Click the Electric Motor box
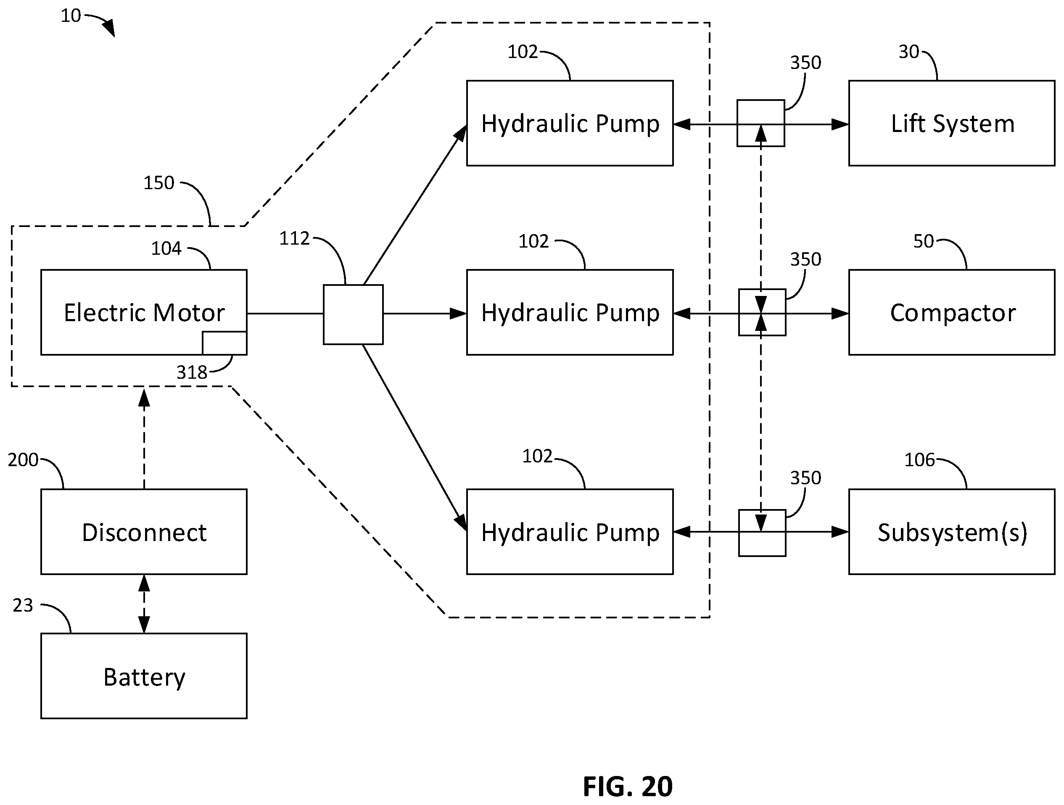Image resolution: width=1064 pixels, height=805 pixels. tap(144, 312)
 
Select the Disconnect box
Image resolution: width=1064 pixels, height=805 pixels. tap(144, 532)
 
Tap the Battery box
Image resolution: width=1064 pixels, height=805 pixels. tap(144, 676)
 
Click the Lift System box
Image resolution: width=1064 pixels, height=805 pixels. tap(952, 123)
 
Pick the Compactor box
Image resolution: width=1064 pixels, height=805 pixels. tap(952, 312)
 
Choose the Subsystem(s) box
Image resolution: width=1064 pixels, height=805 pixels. tap(952, 532)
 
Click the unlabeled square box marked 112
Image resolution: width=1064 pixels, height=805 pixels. tap(353, 314)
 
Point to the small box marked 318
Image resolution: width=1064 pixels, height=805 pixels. tap(224, 343)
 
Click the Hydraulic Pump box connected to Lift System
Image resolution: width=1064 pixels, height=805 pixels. tap(570, 123)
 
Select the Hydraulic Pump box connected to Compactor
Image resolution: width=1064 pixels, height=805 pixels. tap(570, 312)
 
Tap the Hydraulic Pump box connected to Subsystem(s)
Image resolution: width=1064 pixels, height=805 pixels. tap(570, 532)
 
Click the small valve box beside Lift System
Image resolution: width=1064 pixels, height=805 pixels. tap(761, 123)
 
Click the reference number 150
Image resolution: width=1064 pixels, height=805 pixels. tap(159, 183)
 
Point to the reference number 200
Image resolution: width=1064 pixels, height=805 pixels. tap(23, 460)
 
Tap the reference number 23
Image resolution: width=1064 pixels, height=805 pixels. tap(23, 605)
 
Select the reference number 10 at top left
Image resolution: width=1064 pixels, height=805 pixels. tap(71, 16)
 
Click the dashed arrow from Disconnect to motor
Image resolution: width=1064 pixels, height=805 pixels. tap(144, 438)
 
